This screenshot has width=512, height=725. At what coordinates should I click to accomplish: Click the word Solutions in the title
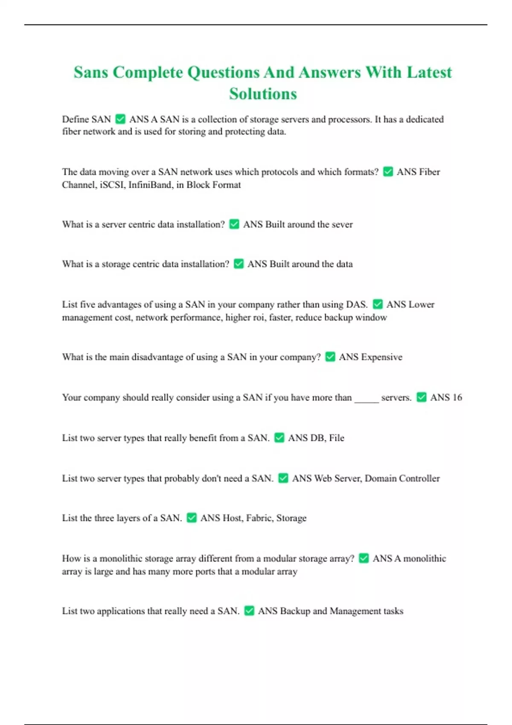(263, 94)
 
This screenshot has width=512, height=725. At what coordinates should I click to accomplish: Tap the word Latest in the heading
(429, 72)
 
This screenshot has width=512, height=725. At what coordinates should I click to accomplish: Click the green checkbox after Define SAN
(120, 119)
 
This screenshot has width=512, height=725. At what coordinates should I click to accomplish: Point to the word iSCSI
(112, 185)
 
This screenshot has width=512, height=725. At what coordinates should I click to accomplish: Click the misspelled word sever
(342, 224)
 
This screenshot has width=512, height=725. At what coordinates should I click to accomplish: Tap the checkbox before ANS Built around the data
(239, 264)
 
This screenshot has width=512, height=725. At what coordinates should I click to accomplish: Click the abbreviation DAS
(357, 304)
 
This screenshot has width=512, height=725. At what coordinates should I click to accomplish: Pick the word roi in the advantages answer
(257, 317)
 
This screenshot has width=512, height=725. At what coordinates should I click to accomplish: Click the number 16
(457, 397)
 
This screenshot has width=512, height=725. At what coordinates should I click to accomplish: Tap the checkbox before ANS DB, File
(279, 438)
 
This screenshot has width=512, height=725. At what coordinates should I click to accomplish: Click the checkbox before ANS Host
(192, 518)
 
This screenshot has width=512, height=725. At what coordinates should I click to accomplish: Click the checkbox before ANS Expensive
(330, 357)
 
